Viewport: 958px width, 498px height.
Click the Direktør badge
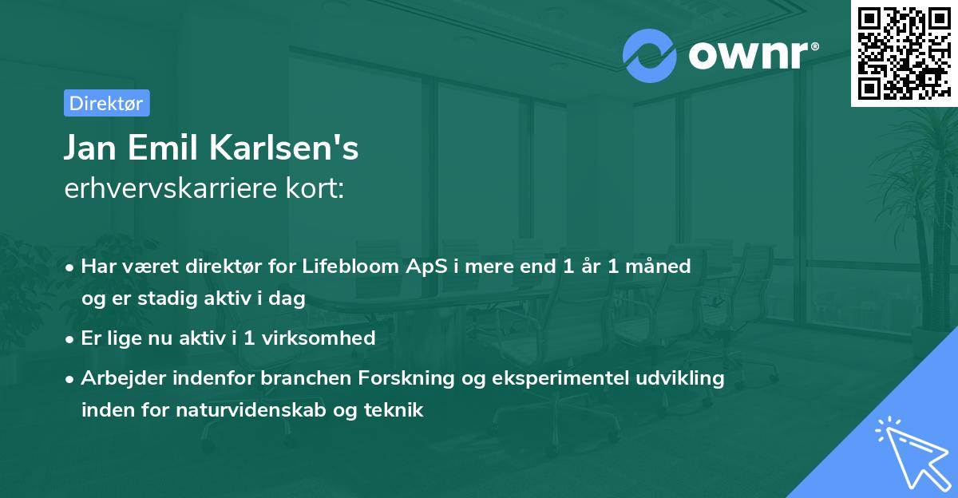coord(106,103)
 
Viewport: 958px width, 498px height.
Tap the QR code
coord(902,53)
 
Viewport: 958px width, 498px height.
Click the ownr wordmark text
coord(746,54)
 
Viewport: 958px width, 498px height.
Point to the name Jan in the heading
coord(90,148)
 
